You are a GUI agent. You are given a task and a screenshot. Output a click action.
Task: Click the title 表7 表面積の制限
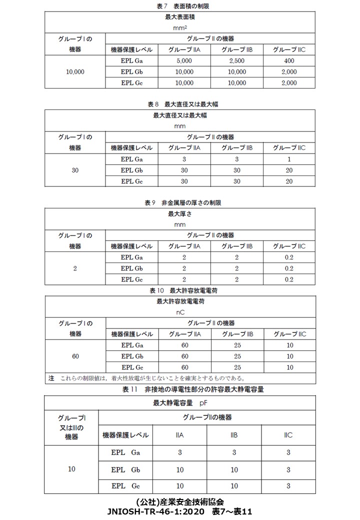(x=180, y=6)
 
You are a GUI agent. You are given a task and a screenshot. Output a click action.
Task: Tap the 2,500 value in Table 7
(x=237, y=61)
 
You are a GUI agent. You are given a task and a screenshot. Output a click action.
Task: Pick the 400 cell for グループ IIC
(x=288, y=61)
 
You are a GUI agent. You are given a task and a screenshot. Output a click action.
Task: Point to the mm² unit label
(x=180, y=28)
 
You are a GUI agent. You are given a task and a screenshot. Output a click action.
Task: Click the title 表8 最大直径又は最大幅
(x=180, y=104)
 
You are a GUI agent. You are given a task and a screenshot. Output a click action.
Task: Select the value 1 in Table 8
(x=288, y=159)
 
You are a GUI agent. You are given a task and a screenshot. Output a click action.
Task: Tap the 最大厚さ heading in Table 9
(x=180, y=214)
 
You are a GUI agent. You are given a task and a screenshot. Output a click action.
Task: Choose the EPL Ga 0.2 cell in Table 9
(x=288, y=257)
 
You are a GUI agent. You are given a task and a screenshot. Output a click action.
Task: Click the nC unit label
(x=180, y=312)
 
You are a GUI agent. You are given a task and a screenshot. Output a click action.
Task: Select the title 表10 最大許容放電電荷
(x=180, y=290)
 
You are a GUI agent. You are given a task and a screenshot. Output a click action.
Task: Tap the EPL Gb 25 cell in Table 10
(x=237, y=356)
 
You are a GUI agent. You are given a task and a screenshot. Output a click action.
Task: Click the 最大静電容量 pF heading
(x=180, y=402)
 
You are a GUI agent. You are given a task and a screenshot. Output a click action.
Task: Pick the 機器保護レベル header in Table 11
(x=125, y=434)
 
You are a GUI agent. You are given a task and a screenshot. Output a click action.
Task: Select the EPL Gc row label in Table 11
(x=125, y=485)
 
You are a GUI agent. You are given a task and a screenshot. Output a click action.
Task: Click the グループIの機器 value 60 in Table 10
(x=75, y=356)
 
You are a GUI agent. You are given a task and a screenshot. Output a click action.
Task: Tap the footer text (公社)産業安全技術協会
(x=180, y=501)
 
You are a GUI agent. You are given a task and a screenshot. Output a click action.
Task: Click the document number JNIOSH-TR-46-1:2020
(x=155, y=512)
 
